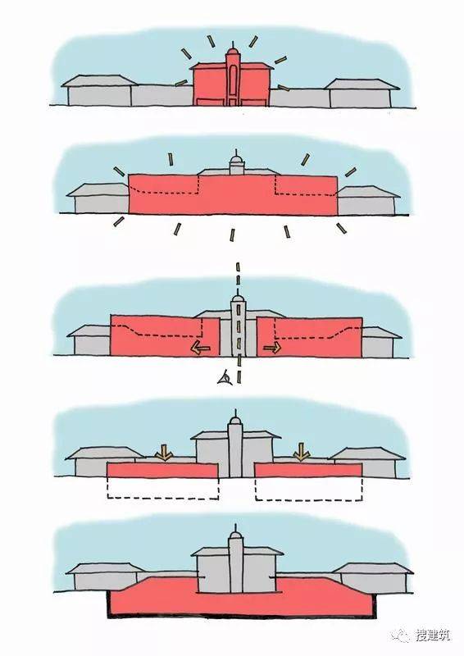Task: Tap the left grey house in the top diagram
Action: [x=99, y=90]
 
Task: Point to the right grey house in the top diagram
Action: [x=362, y=93]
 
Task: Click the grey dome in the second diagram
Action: [x=237, y=161]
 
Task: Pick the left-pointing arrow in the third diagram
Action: [x=200, y=347]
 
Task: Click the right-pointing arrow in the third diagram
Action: [x=272, y=347]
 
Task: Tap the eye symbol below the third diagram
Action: [x=224, y=377]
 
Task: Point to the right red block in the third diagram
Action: [x=310, y=337]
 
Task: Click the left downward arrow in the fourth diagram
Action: [x=164, y=452]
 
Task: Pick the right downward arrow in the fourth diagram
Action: [x=301, y=452]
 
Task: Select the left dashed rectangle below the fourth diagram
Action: [x=163, y=488]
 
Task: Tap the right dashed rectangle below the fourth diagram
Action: [x=309, y=489]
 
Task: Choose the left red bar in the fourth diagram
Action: [x=162, y=470]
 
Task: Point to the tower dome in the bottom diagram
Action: [x=235, y=535]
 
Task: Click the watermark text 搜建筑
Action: [x=432, y=635]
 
